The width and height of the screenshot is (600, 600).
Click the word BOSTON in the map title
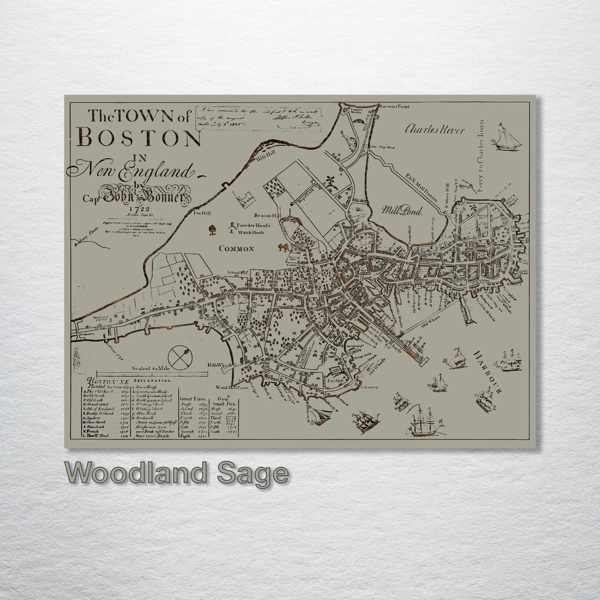click(139, 139)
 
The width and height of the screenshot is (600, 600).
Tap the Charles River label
click(434, 130)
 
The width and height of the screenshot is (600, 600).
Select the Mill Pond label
click(402, 211)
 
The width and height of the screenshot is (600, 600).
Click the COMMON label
click(236, 249)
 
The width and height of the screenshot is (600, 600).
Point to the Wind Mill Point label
click(231, 387)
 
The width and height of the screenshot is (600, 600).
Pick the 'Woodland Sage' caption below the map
click(176, 473)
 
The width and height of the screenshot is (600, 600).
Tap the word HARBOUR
click(488, 372)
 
